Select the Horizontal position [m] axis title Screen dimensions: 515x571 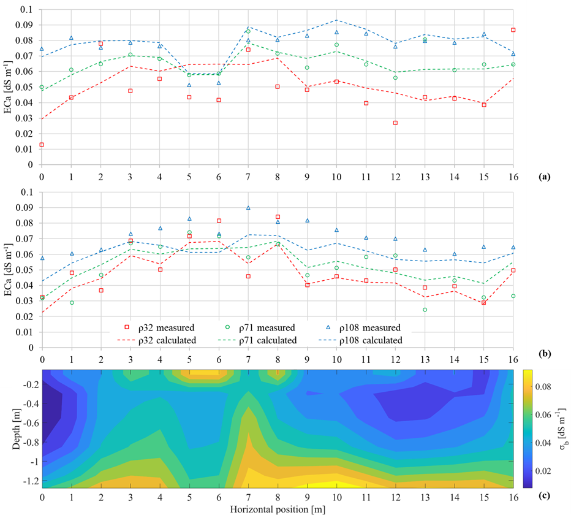pos(277,508)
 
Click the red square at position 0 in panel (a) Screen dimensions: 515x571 pos(42,145)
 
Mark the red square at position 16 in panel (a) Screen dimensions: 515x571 pos(513,30)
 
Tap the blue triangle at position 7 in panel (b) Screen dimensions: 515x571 pos(248,208)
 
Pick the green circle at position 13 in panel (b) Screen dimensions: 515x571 pos(425,310)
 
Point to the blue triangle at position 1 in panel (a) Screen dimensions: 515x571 pos(71,38)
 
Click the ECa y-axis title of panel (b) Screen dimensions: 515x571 pos(8,270)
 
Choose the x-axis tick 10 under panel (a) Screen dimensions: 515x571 pos(336,177)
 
